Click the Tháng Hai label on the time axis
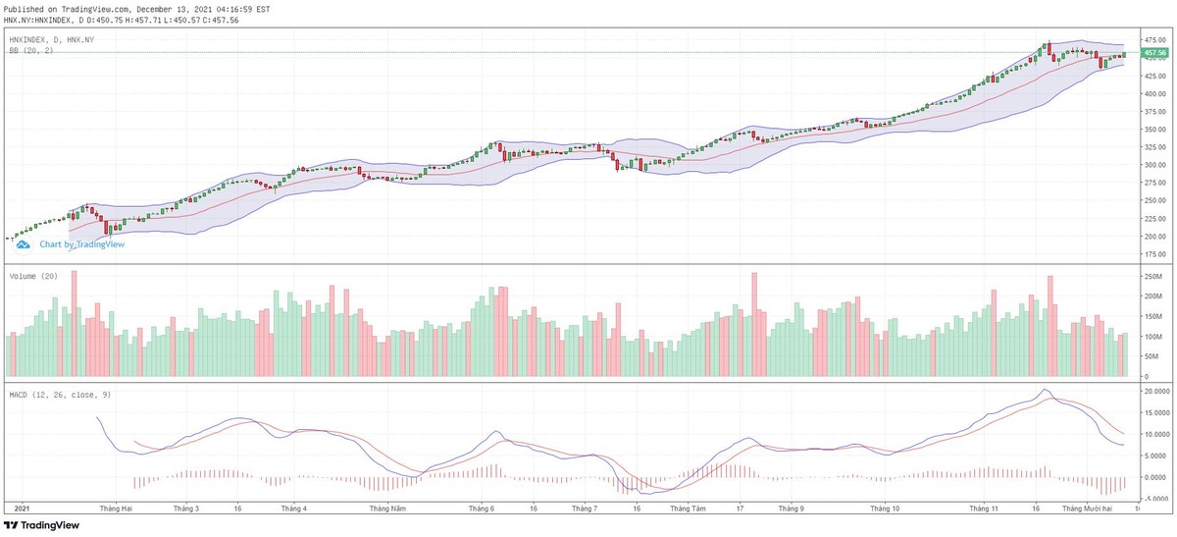pos(116,510)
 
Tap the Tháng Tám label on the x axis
pos(687,510)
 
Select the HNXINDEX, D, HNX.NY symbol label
pos(51,39)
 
